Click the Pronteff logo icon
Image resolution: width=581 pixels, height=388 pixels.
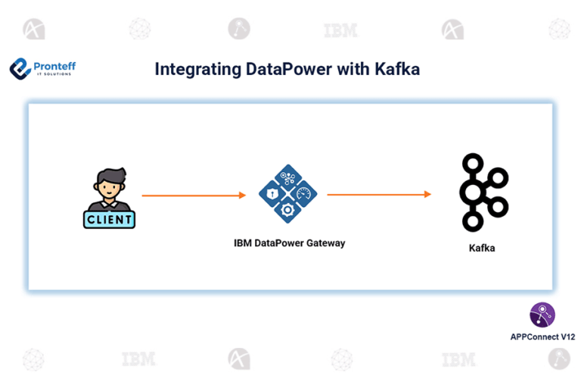click(20, 69)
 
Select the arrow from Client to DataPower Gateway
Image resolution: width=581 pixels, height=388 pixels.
click(194, 196)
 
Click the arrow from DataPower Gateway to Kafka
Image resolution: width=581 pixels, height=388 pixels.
click(378, 195)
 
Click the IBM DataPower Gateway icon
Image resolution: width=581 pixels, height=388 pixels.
click(287, 194)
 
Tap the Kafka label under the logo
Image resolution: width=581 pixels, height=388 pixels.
click(482, 248)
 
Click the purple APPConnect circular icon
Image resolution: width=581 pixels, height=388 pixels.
click(542, 314)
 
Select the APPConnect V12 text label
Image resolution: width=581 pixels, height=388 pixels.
click(542, 336)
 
